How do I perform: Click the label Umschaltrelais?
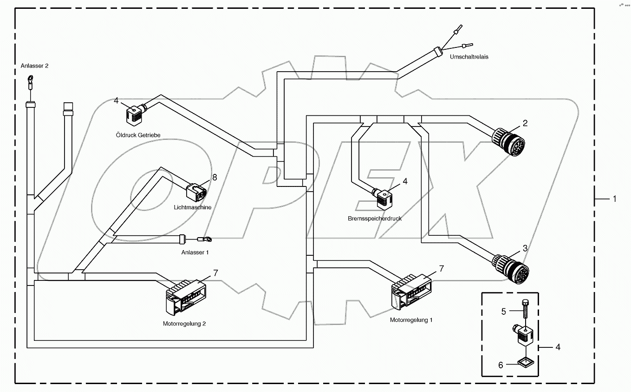tap(469, 57)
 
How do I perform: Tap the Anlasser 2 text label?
tap(34, 66)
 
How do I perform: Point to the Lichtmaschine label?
tap(193, 207)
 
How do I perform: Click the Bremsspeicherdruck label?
tap(374, 218)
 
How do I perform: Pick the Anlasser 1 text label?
tap(195, 252)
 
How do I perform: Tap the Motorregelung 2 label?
tap(184, 324)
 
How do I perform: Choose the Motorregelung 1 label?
tap(411, 320)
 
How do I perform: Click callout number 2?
tap(525, 123)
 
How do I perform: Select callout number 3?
tap(525, 248)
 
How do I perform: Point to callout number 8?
tap(215, 177)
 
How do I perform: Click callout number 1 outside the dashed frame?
tap(614, 199)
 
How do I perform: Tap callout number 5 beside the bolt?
tap(503, 312)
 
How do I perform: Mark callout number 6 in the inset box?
tap(501, 365)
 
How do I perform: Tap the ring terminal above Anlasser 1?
tap(205, 239)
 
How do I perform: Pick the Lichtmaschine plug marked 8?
tap(196, 191)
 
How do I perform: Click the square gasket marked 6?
tap(524, 362)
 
